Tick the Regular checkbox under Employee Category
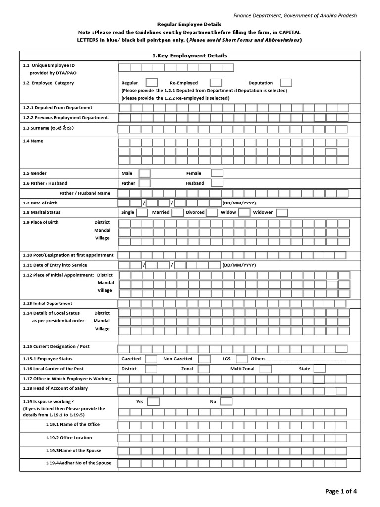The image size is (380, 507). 152,83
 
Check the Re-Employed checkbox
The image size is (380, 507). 216,83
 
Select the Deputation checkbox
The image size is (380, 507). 286,83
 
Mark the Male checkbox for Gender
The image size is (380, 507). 144,173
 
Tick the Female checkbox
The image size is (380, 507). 217,173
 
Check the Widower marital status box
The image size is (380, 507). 282,212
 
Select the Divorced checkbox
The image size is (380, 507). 212,212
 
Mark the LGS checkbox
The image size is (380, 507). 241,359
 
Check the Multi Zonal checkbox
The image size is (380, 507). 266,369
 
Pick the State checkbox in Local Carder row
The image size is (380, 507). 320,369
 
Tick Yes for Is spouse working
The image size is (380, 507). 153,401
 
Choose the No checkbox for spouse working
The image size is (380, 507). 226,401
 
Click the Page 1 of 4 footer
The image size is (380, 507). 340,491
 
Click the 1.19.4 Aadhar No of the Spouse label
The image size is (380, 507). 78,463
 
